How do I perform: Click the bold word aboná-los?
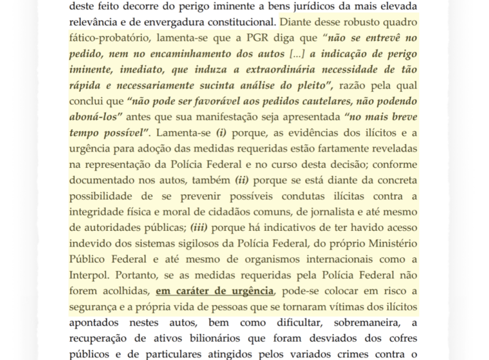pyautogui.click(x=95, y=117)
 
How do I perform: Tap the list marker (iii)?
pyautogui.click(x=204, y=228)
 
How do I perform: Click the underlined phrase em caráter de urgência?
pyautogui.click(x=215, y=291)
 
